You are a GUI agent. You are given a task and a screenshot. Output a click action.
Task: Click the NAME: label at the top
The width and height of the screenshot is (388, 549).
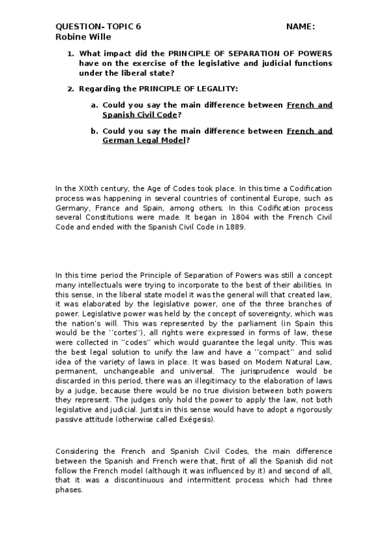300,27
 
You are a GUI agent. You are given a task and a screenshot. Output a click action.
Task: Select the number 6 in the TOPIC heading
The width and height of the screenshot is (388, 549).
138,27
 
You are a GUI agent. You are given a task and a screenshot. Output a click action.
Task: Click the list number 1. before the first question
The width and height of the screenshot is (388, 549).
71,54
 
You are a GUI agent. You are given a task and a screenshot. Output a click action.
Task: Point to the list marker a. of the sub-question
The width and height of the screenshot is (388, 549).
95,105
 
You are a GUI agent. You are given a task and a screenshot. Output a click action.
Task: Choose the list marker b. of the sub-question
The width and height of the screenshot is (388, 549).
95,131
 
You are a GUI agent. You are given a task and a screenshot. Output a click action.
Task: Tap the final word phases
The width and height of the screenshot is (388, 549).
69,489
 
